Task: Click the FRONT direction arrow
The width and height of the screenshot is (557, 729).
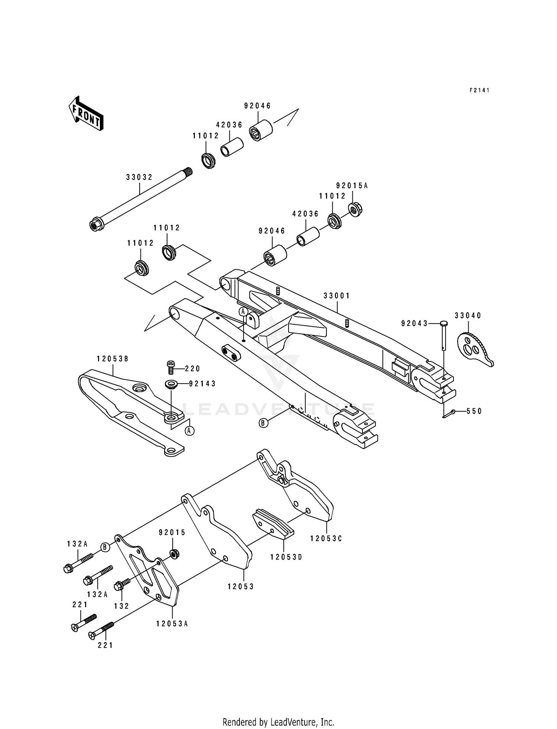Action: click(x=86, y=114)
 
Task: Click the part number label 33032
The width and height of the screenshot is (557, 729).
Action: click(x=139, y=177)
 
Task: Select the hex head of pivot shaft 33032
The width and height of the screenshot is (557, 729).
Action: click(x=94, y=225)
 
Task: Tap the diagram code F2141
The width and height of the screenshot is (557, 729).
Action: click(x=479, y=90)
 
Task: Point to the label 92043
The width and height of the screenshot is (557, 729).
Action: click(x=414, y=324)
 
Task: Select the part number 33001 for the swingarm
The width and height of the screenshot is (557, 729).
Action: click(x=336, y=296)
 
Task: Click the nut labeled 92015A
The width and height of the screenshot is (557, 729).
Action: click(x=356, y=210)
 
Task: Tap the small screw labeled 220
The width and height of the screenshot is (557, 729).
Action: click(x=171, y=368)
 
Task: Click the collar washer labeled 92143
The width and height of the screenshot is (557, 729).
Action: click(x=172, y=384)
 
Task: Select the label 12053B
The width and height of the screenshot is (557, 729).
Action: click(x=113, y=359)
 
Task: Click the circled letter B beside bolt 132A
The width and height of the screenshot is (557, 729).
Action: click(x=105, y=547)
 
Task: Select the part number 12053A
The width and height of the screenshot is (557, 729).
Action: click(x=172, y=624)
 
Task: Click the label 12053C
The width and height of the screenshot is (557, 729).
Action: click(x=326, y=538)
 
